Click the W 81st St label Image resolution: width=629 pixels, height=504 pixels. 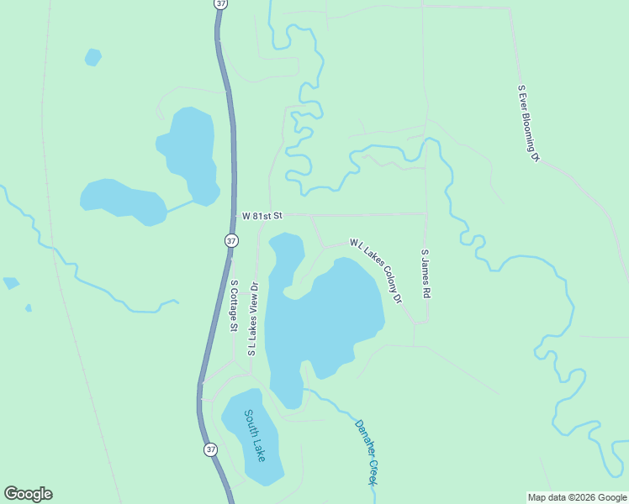[x=262, y=216]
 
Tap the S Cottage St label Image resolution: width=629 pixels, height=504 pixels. [x=235, y=306]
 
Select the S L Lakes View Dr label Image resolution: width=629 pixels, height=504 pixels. [x=251, y=319]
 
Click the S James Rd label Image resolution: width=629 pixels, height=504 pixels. [x=426, y=274]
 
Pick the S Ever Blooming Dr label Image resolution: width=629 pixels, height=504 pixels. [x=527, y=123]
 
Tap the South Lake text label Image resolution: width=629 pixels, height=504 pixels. [x=255, y=434]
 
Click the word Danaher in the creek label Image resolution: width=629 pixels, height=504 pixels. [x=363, y=436]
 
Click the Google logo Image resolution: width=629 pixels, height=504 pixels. [x=28, y=494]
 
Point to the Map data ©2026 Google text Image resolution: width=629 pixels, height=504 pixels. [x=576, y=497]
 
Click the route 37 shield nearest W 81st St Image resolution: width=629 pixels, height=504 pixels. [x=231, y=240]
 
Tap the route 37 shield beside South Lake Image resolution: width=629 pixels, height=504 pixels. [x=210, y=449]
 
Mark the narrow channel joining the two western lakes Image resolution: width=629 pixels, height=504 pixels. [x=179, y=206]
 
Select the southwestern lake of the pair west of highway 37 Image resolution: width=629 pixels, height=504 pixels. [x=122, y=200]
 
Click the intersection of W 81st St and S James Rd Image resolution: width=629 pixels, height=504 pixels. [x=425, y=214]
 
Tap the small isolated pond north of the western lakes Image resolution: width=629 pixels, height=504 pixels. [x=92, y=57]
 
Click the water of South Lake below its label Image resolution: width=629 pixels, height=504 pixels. [x=262, y=470]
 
